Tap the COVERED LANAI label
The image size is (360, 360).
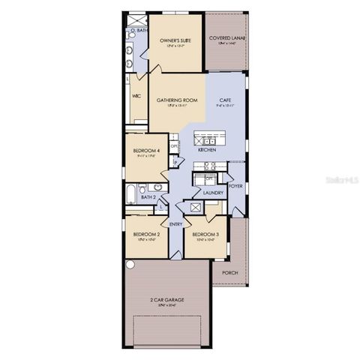227,37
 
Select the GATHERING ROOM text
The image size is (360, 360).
177,100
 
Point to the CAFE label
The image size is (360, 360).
225,100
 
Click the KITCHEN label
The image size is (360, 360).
208,150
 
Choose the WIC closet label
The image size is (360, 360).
136,96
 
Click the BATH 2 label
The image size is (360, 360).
148,197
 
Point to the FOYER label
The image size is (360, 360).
235,184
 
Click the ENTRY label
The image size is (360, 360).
176,223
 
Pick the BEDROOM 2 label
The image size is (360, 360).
146,234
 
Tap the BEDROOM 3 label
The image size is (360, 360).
206,234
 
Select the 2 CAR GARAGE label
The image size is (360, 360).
166,300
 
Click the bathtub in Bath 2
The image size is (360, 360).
132,193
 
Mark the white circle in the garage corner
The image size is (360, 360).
130,265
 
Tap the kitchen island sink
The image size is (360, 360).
208,140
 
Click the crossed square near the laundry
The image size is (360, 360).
196,207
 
